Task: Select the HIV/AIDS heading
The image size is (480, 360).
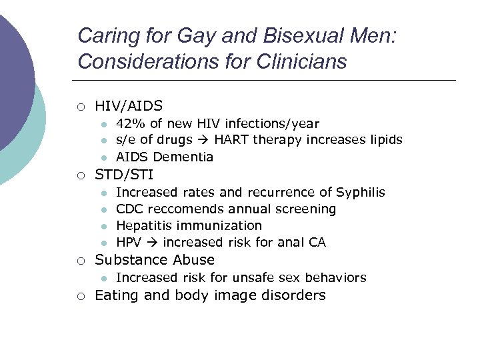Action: pos(129,105)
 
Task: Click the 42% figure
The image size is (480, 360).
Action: pos(129,123)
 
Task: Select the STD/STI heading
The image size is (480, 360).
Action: pos(124,175)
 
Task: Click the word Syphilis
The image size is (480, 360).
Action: pos(361,192)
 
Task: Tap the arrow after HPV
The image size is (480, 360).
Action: pos(151,243)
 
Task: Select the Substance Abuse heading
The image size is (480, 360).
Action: pos(155,260)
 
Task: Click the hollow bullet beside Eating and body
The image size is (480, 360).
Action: pos(81,296)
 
